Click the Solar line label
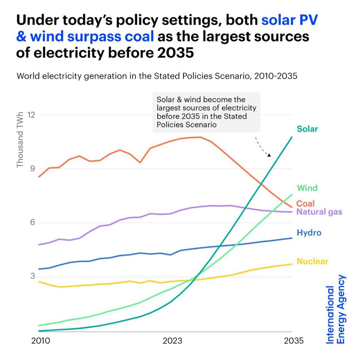click(307, 129)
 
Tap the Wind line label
click(307, 188)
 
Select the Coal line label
click(306, 204)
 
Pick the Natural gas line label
click(319, 212)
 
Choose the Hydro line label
click(309, 233)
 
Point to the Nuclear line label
click(312, 261)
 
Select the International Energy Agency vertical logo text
click(336, 309)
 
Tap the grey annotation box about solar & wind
click(206, 112)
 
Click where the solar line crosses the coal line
click(261, 184)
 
